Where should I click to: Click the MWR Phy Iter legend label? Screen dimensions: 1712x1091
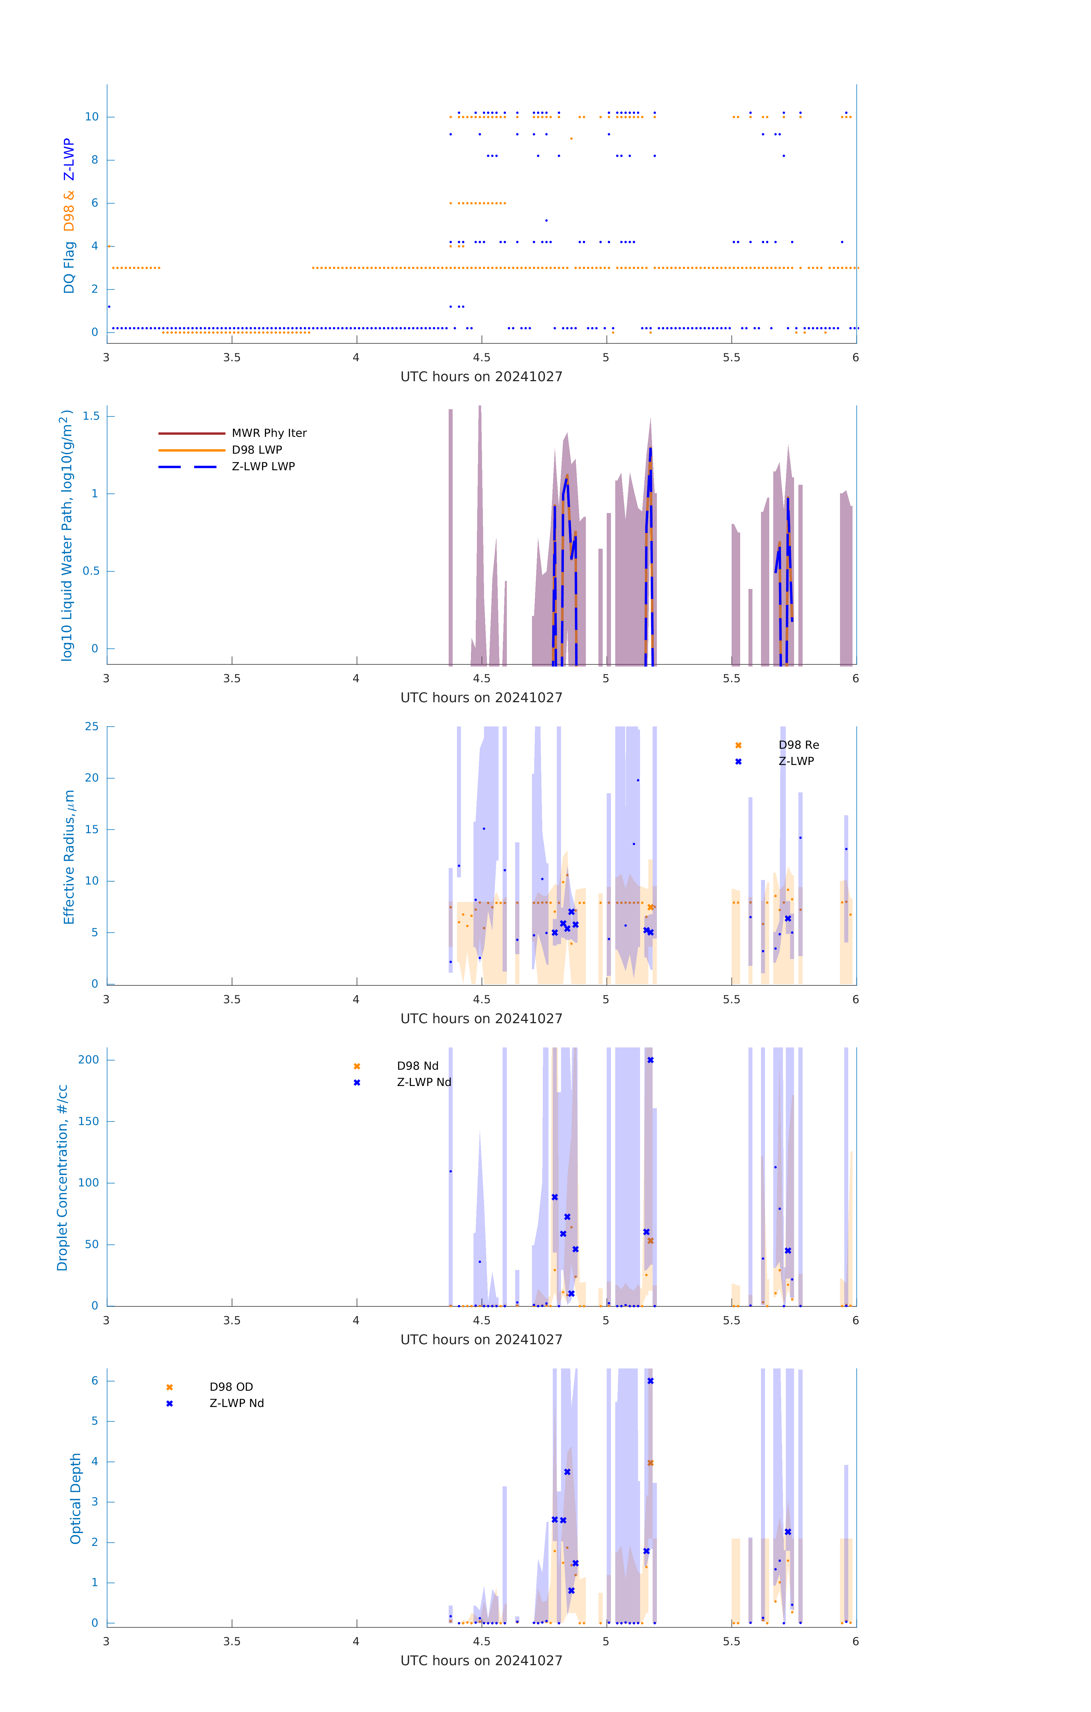point(269,433)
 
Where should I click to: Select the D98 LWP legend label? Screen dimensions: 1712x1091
point(257,450)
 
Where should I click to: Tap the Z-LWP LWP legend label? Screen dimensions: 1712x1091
point(263,467)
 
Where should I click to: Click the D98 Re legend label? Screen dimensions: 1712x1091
point(798,745)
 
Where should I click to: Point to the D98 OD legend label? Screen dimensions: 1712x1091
point(231,1387)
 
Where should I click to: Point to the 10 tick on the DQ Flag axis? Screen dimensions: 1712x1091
point(92,117)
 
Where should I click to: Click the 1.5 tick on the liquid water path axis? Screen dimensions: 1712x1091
point(91,416)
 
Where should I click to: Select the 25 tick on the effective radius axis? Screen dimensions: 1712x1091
point(92,727)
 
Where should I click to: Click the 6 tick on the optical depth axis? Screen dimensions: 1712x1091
point(94,1381)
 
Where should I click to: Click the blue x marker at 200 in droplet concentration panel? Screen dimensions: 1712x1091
point(650,1060)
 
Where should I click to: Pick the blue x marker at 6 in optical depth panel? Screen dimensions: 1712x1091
point(650,1381)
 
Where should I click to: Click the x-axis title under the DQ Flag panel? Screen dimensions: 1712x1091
point(481,377)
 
